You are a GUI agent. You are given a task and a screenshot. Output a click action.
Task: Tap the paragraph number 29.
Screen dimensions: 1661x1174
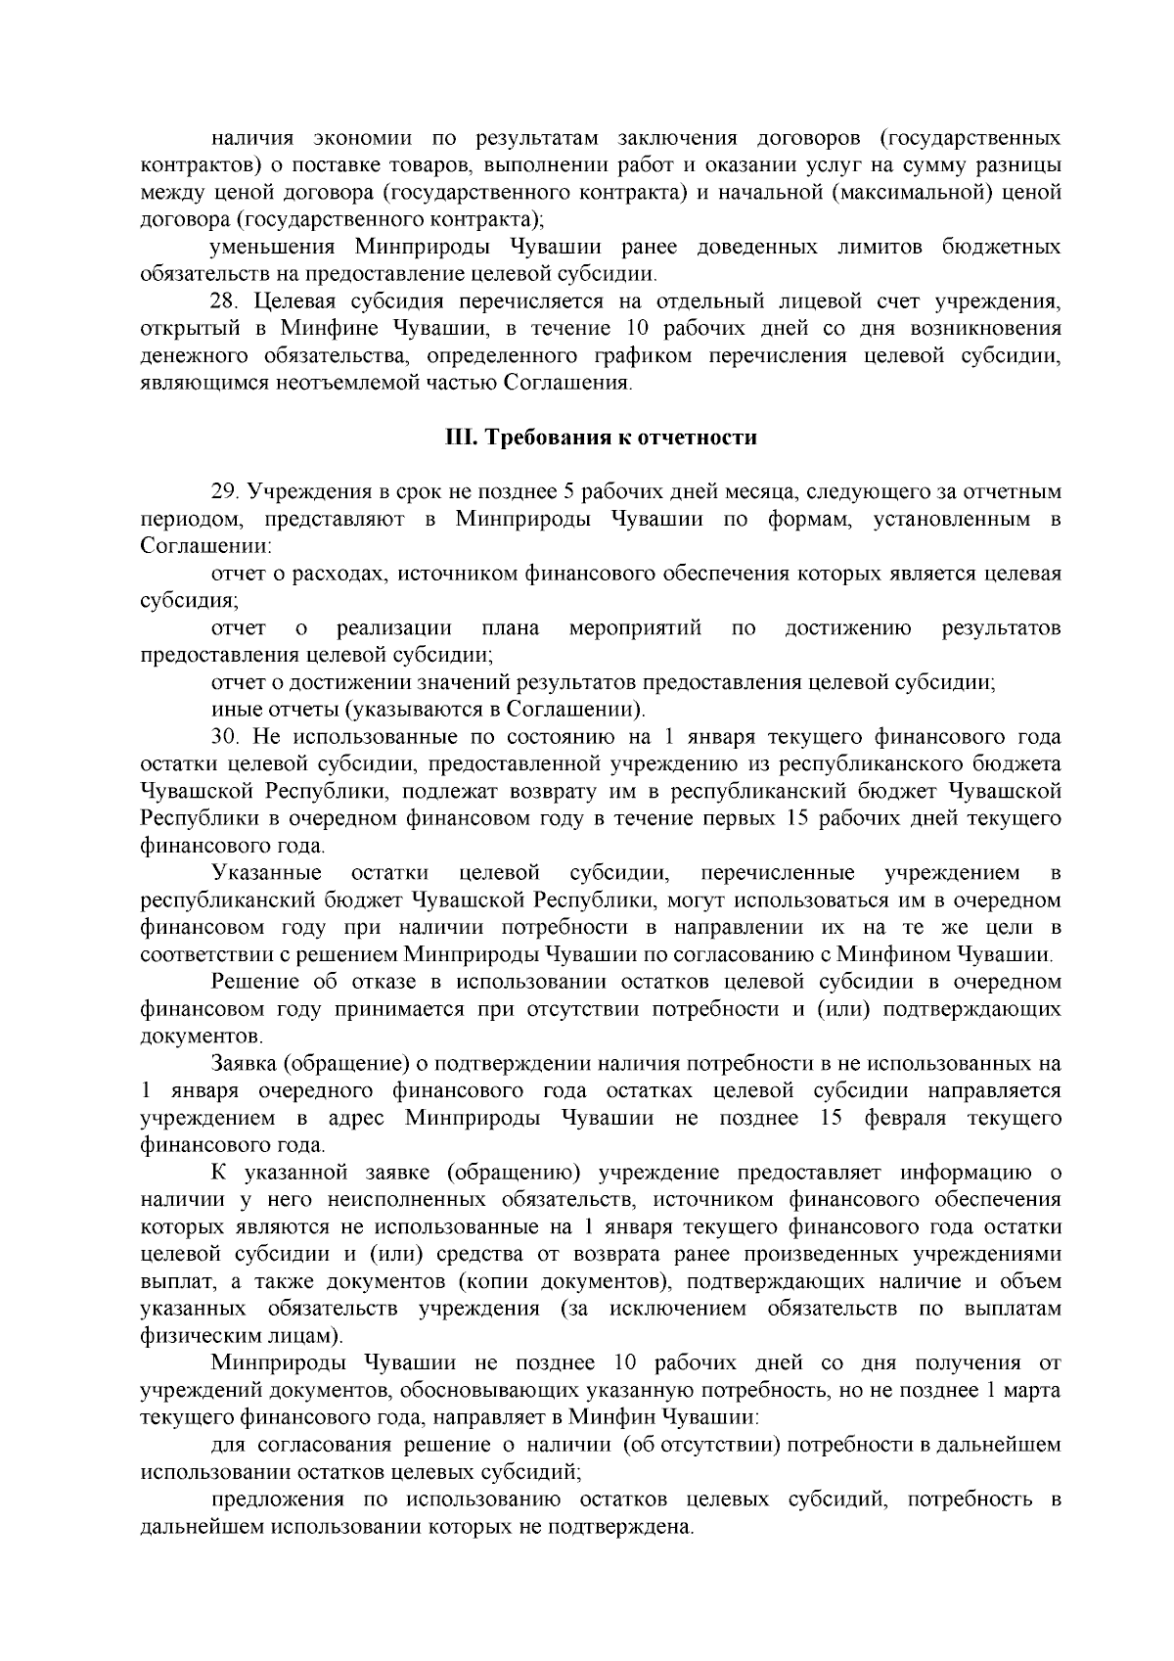pos(224,491)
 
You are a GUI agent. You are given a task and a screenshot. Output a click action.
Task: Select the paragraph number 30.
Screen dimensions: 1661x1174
pos(224,736)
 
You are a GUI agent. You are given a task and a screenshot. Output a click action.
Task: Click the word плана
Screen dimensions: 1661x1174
pos(511,627)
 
